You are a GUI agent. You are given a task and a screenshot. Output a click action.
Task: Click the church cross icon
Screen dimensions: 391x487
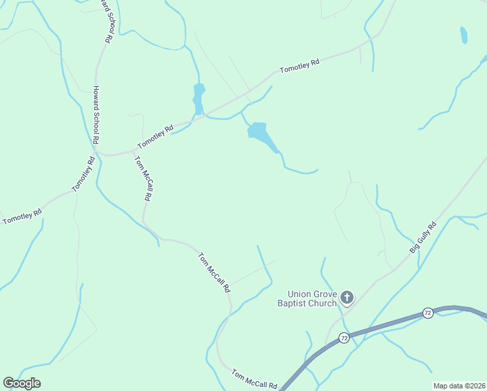click(x=347, y=298)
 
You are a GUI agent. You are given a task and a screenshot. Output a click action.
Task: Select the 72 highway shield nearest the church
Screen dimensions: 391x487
click(x=344, y=338)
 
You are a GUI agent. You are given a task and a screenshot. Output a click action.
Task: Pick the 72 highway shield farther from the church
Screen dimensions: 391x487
click(x=427, y=313)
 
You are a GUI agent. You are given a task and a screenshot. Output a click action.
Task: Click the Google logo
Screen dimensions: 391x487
click(x=22, y=383)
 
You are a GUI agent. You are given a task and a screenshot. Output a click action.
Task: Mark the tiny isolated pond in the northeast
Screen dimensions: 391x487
click(x=464, y=35)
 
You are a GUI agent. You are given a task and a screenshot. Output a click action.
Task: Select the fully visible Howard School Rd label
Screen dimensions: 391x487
click(x=96, y=115)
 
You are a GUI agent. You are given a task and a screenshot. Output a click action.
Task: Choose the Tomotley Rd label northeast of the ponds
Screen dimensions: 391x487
click(x=299, y=66)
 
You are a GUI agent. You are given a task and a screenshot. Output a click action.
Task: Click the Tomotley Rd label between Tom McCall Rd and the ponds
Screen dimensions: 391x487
click(x=155, y=137)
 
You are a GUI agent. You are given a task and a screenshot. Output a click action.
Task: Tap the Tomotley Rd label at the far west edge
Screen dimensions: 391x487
click(x=22, y=216)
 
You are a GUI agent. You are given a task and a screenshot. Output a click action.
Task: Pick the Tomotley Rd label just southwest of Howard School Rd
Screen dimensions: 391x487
click(x=83, y=174)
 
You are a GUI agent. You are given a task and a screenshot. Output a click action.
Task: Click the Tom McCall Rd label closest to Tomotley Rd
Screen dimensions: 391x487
click(x=143, y=177)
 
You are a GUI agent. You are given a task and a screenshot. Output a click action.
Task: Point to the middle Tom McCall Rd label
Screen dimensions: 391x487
click(x=215, y=272)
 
